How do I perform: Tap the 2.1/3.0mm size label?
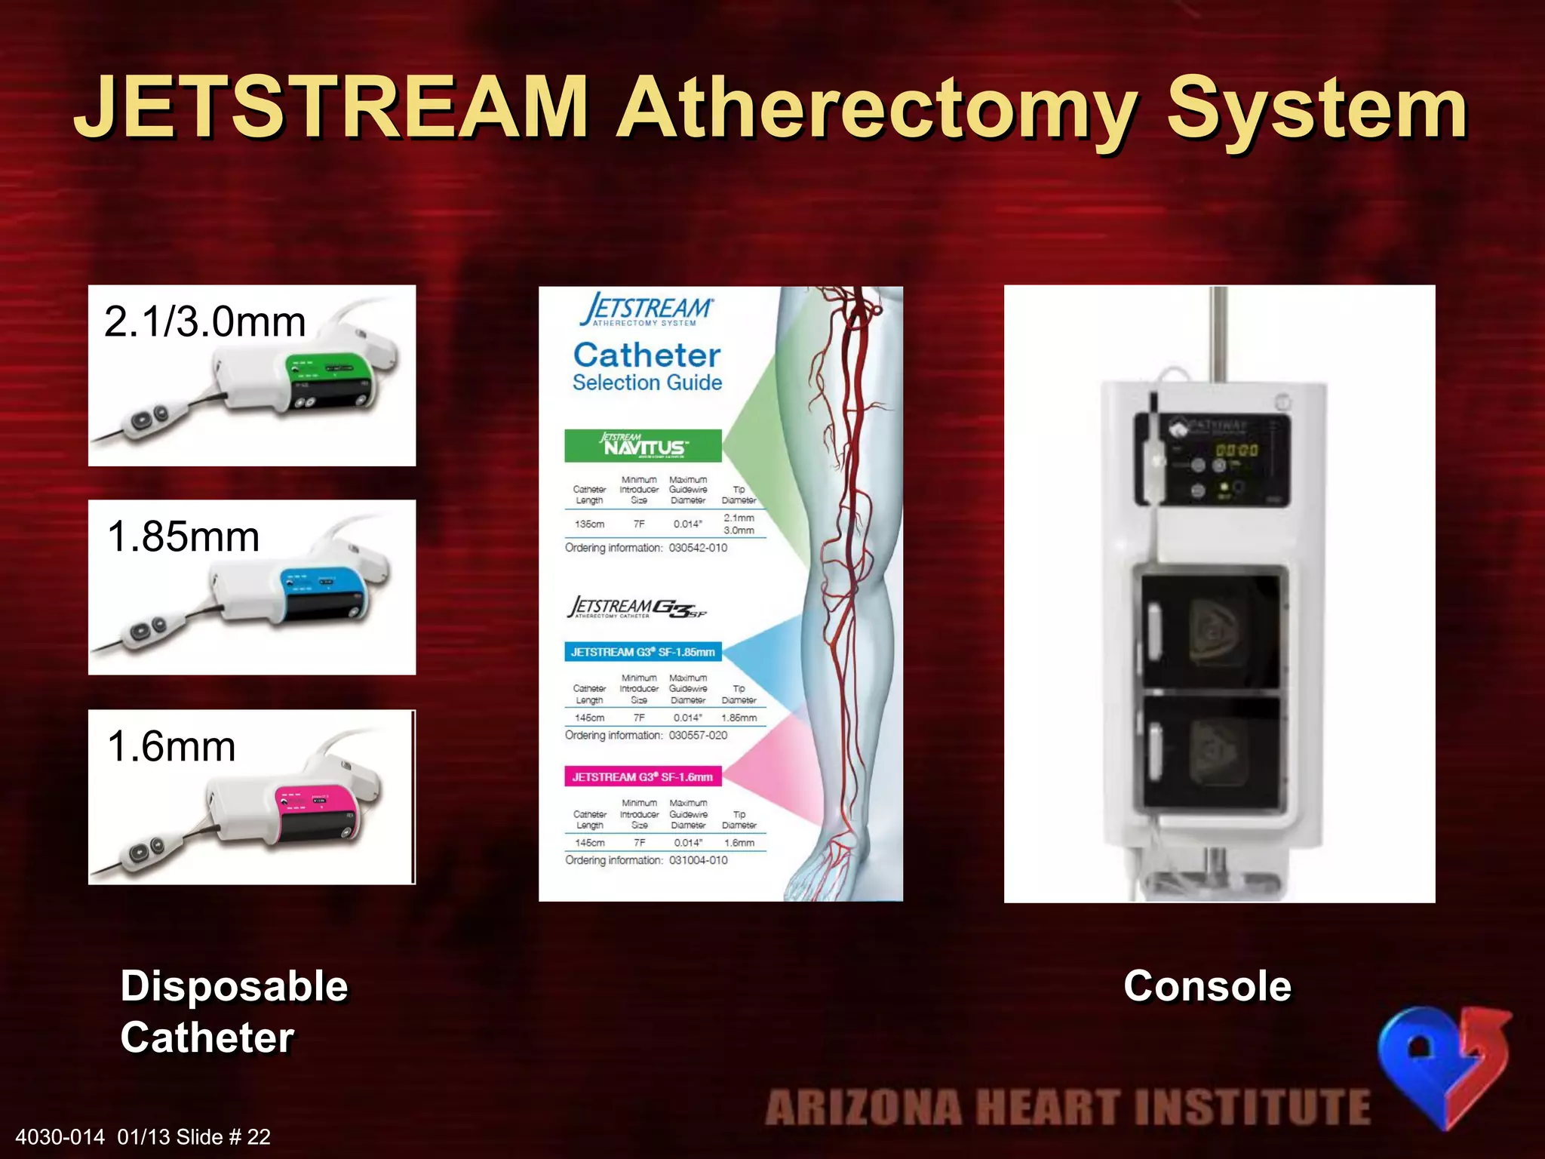click(x=204, y=321)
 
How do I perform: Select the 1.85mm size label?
click(x=183, y=536)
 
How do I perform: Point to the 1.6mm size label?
click(x=171, y=746)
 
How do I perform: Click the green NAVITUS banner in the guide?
click(x=643, y=446)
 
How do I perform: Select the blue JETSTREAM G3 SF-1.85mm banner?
click(x=643, y=652)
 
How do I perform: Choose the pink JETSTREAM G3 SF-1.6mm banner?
click(x=642, y=776)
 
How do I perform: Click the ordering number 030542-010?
click(x=698, y=548)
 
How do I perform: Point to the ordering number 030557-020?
click(x=698, y=735)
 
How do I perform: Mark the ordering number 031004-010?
click(x=698, y=860)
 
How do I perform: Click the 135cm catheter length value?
click(x=589, y=524)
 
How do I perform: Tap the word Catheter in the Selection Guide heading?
click(x=647, y=355)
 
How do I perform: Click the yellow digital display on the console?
click(x=1236, y=450)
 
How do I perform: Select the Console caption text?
click(x=1207, y=985)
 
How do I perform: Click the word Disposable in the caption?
click(x=234, y=985)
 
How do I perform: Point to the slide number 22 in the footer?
click(x=259, y=1137)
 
